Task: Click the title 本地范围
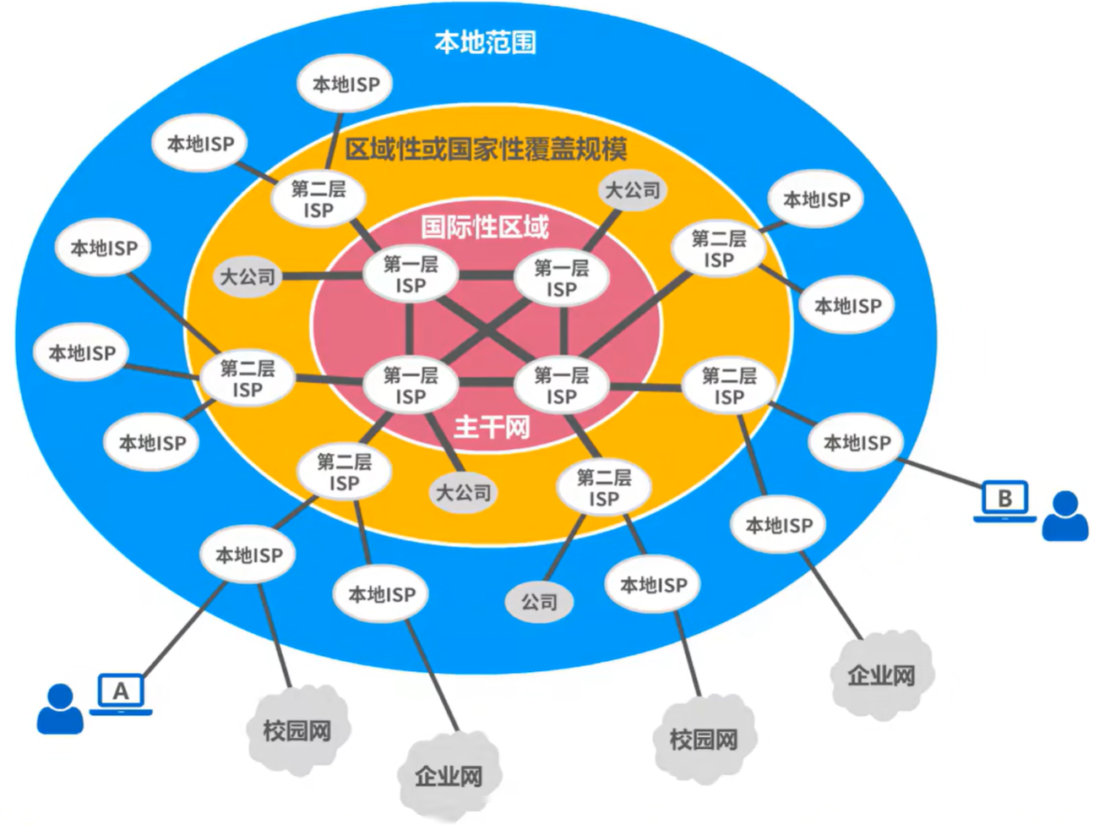click(485, 42)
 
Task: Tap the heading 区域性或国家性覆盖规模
click(486, 150)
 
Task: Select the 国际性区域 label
click(485, 227)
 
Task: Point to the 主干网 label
click(492, 427)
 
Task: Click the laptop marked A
click(121, 693)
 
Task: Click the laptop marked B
click(1004, 500)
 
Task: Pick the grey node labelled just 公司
click(539, 602)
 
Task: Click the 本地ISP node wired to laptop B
click(857, 443)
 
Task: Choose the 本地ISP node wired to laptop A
click(248, 555)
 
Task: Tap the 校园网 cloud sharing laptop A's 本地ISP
click(297, 731)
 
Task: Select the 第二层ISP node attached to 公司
click(603, 488)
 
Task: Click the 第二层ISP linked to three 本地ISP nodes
click(248, 379)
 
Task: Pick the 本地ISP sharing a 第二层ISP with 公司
click(653, 584)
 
